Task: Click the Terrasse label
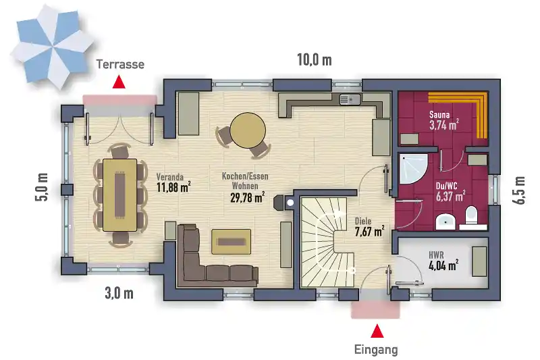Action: (x=120, y=64)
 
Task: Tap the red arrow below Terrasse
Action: (x=119, y=82)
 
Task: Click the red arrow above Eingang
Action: (x=377, y=331)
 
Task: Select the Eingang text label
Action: (x=376, y=350)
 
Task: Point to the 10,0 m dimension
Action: (x=315, y=60)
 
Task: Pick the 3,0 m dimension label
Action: (x=119, y=294)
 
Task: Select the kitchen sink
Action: (x=350, y=99)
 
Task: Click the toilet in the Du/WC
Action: (x=471, y=216)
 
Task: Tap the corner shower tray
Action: (x=414, y=169)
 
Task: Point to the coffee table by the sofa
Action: (x=231, y=242)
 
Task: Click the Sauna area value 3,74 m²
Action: (x=444, y=125)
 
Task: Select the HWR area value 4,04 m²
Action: (x=443, y=265)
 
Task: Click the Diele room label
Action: (x=363, y=221)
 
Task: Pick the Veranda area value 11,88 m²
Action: (x=173, y=187)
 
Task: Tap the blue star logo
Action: (x=52, y=47)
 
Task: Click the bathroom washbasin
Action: (x=446, y=222)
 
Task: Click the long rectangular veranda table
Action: (x=120, y=195)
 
